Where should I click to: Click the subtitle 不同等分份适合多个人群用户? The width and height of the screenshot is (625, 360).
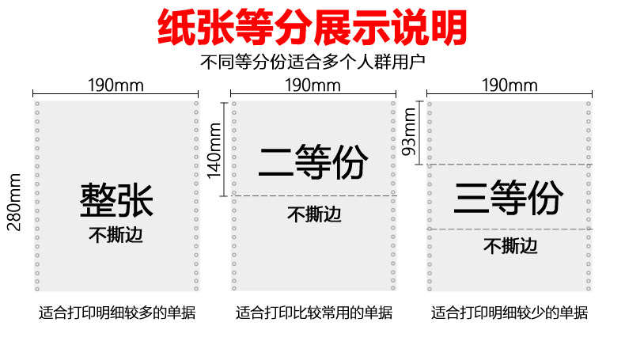tap(312, 61)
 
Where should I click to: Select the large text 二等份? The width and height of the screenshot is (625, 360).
tap(312, 163)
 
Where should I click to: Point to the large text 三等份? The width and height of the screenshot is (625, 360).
tap(509, 197)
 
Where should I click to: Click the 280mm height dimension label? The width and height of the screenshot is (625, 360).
tap(14, 204)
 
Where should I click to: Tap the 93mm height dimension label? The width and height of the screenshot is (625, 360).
tap(410, 132)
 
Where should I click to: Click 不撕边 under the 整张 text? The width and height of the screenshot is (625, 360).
tap(116, 235)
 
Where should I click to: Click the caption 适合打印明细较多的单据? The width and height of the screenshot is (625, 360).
tap(117, 313)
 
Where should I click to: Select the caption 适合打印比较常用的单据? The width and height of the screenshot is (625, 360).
tap(313, 313)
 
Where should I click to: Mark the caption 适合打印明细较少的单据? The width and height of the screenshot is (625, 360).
tap(509, 313)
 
